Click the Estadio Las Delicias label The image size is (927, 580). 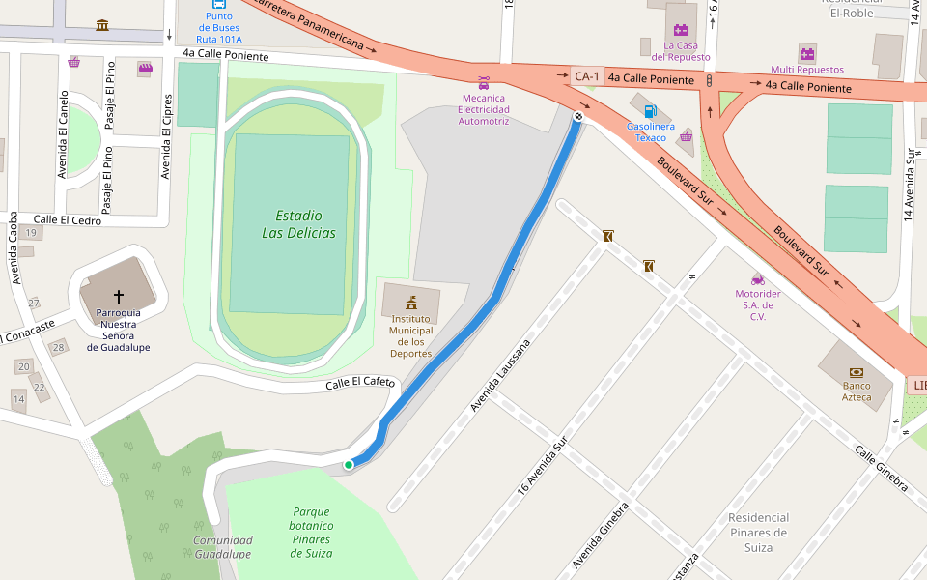298,224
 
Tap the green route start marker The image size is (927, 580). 349,465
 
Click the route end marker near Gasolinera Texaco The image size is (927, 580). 577,116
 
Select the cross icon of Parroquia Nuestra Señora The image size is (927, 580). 119,296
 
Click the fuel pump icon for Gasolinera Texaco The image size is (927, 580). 651,111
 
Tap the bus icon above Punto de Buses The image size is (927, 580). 219,3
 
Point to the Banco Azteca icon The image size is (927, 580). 856,372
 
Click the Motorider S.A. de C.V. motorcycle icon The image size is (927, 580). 758,278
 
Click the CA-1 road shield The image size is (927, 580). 586,76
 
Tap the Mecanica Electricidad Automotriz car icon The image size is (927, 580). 483,82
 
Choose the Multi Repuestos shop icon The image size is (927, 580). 807,53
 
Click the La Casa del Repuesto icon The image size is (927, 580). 681,30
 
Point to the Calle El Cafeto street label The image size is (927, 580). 360,383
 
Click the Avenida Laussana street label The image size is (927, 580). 500,376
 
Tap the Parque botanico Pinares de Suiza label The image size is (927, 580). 311,533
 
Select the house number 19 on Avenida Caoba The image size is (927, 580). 32,233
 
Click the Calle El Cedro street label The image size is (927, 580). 68,219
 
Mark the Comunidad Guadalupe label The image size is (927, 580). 222,547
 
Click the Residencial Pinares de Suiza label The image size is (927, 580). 758,533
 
